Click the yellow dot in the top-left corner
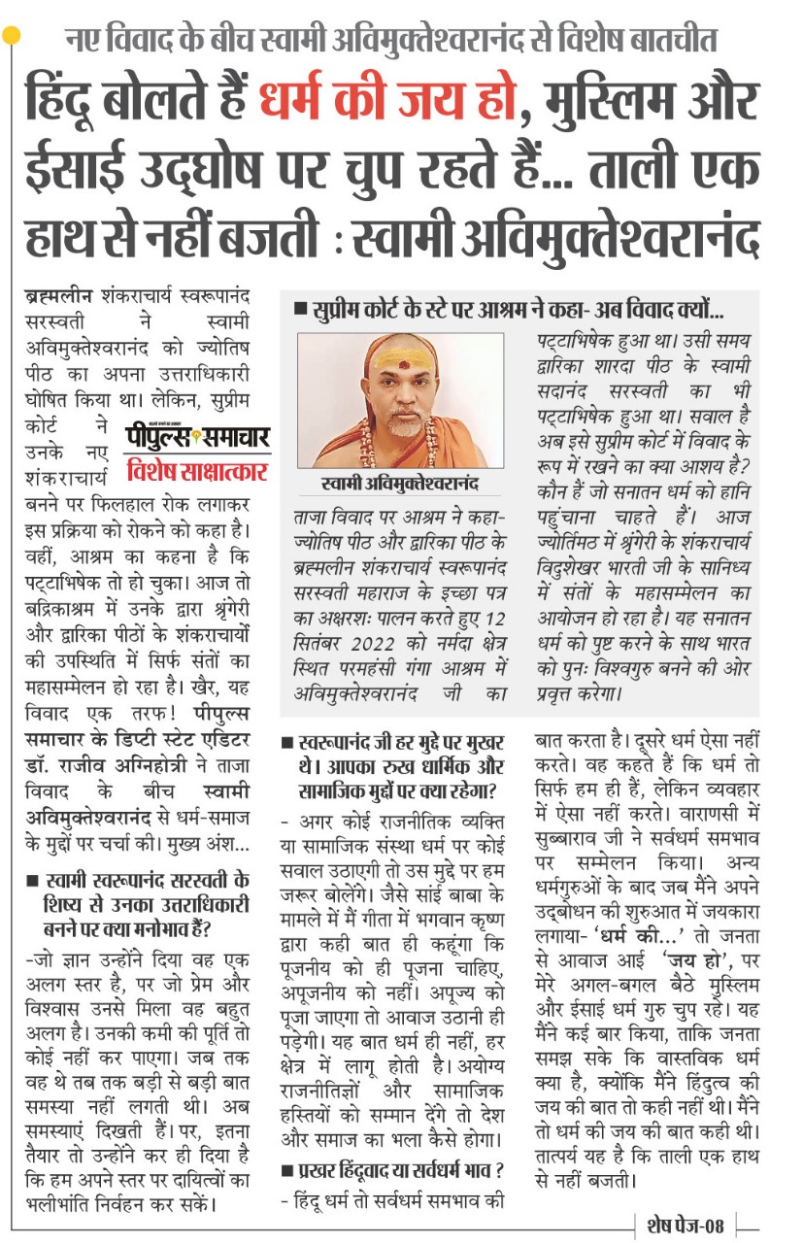[11, 36]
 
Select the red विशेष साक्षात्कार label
[197, 472]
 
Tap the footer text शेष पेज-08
[686, 1226]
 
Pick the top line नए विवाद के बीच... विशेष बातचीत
[391, 40]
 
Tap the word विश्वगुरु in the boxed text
[636, 672]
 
